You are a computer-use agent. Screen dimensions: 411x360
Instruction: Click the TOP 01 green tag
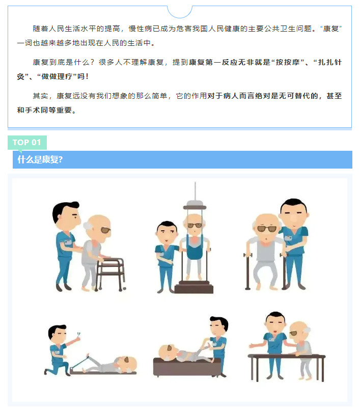(27, 142)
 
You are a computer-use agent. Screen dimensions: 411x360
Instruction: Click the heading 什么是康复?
(40, 159)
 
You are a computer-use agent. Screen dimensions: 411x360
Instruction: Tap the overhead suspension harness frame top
(193, 204)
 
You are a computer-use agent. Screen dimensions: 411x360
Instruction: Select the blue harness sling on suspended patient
(194, 249)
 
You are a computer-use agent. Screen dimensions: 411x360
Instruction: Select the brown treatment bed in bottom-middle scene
(187, 367)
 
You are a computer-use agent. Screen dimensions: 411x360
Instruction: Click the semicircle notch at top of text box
(180, 11)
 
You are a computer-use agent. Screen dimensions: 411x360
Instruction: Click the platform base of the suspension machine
(193, 288)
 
